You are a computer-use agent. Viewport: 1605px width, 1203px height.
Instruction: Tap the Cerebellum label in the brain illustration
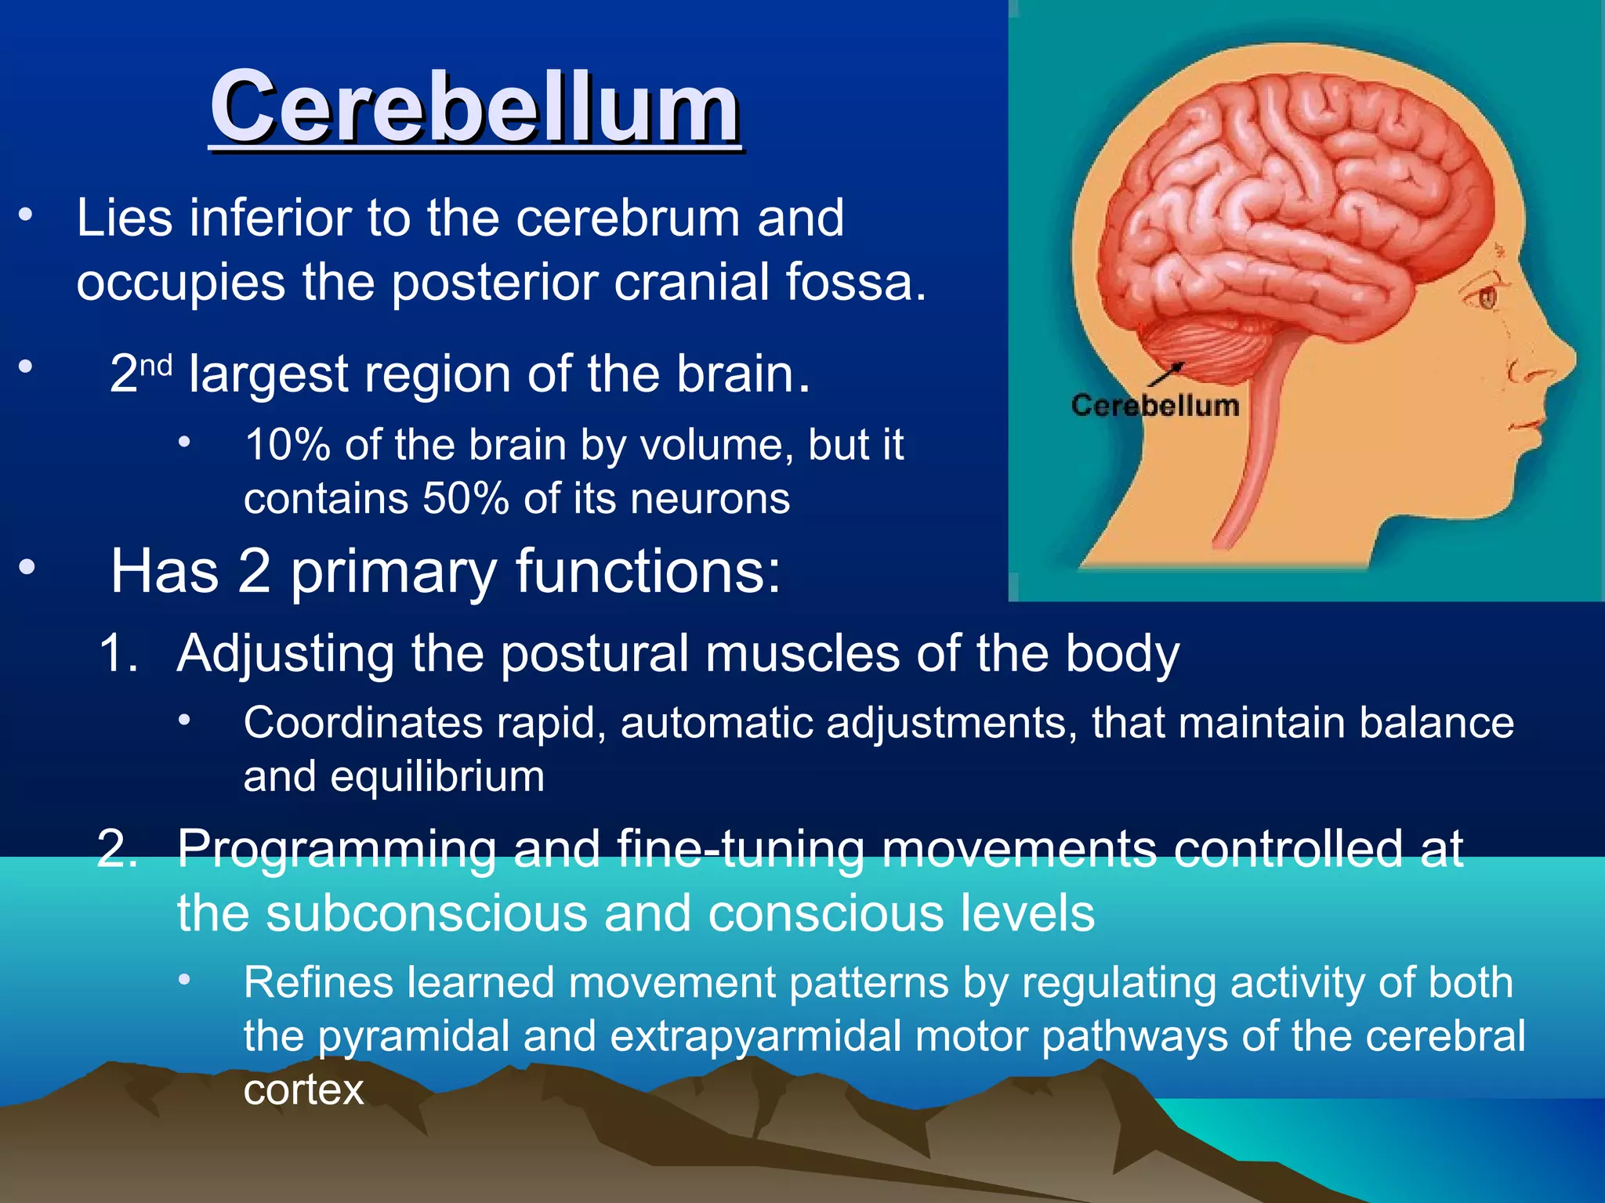(x=1154, y=406)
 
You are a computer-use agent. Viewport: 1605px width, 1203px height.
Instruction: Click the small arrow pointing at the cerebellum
(x=1168, y=374)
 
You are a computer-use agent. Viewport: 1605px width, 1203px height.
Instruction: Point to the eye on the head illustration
(x=1486, y=297)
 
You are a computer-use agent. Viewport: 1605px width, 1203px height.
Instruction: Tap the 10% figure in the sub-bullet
(x=288, y=445)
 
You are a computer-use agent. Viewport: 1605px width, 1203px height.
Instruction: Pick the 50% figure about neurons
(x=466, y=499)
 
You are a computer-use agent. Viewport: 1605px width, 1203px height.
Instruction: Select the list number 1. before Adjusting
(x=118, y=652)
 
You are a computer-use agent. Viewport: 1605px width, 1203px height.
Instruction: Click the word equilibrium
(x=437, y=776)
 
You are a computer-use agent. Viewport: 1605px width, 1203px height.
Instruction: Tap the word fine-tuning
(x=740, y=848)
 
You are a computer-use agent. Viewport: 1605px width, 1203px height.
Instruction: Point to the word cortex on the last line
(x=303, y=1089)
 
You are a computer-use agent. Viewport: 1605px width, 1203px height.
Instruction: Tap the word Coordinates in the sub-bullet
(x=363, y=722)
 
